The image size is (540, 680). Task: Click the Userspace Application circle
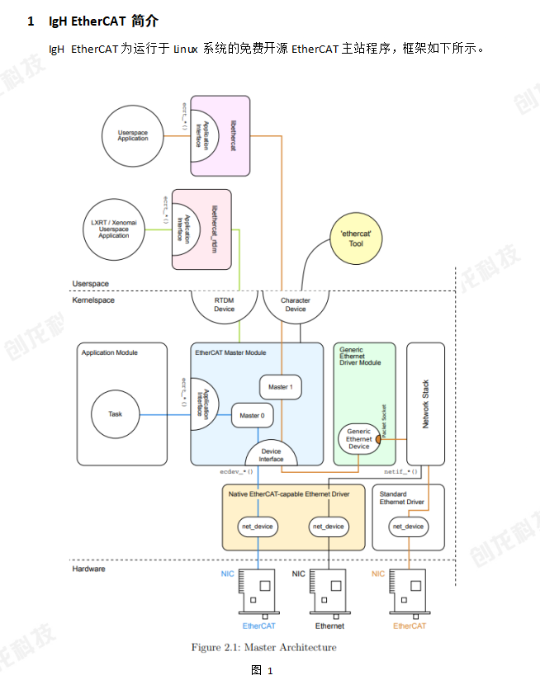133,135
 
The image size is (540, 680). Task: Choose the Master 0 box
252,416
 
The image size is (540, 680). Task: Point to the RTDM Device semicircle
224,305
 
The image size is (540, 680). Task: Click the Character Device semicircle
295,305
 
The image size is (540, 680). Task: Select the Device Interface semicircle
271,454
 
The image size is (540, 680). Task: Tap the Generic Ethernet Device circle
358,439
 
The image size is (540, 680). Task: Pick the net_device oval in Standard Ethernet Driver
408,527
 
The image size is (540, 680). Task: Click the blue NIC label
228,574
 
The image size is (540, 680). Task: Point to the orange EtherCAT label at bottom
410,626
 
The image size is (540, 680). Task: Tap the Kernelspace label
93,300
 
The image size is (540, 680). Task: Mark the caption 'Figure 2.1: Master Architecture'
264,648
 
